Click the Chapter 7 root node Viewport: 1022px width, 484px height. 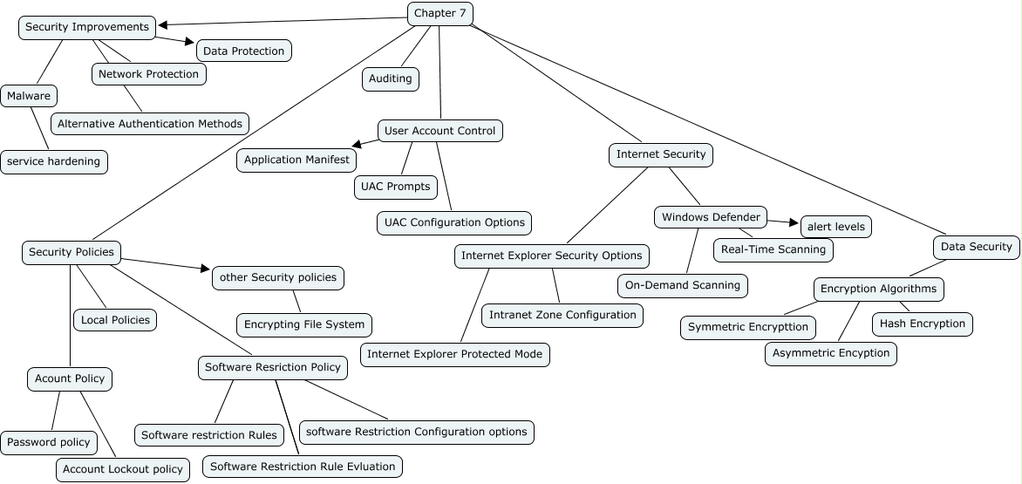pos(440,13)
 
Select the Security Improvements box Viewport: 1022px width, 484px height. pos(87,27)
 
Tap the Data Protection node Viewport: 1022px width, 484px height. pos(244,51)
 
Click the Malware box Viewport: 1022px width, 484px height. pos(30,95)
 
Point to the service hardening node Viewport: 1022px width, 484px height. pos(54,161)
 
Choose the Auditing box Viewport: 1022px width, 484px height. pos(391,78)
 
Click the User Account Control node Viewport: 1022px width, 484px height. pos(440,131)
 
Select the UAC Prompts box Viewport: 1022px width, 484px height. pos(396,186)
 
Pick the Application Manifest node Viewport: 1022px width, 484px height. pos(296,160)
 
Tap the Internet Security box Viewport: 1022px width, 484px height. pos(661,154)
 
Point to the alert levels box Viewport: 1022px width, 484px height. pos(836,227)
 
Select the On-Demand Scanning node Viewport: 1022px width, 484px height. pos(683,284)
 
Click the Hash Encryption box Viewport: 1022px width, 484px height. pos(923,324)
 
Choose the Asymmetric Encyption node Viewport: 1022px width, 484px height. pos(831,353)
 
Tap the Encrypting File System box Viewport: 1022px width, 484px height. pos(304,324)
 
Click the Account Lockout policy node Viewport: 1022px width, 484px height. pos(123,469)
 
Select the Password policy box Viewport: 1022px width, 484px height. pos(49,442)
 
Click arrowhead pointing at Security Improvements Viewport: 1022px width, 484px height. pos(163,25)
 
